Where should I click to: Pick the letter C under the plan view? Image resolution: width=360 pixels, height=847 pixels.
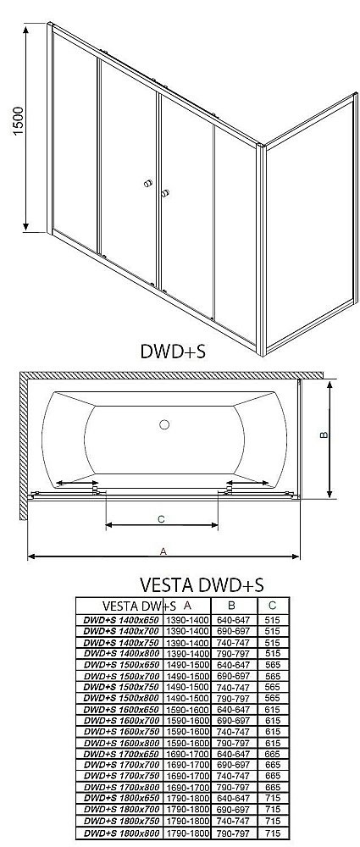click(x=160, y=518)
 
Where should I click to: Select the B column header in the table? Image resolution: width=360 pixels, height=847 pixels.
click(x=231, y=606)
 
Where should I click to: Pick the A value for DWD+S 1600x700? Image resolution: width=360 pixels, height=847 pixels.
click(x=186, y=721)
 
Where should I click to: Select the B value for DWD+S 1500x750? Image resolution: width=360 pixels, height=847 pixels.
click(x=231, y=688)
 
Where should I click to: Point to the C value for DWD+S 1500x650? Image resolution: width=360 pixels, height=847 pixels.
click(x=270, y=666)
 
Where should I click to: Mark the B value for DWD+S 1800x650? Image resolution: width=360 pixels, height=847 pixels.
click(x=231, y=800)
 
